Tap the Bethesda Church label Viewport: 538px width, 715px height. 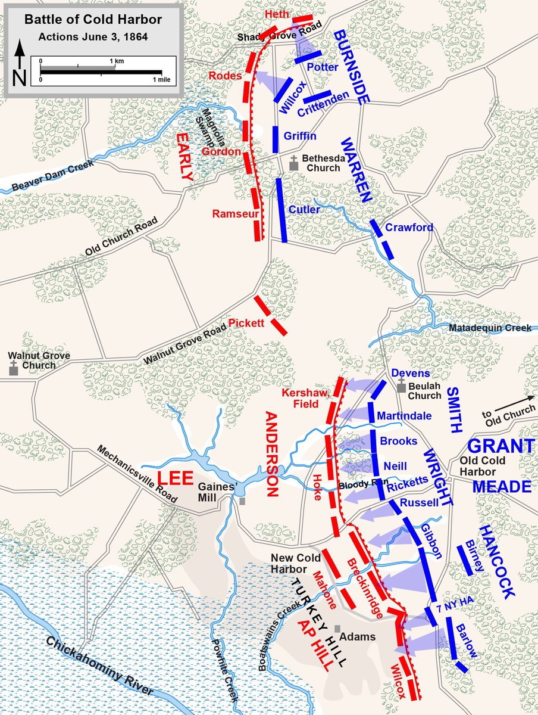coord(321,163)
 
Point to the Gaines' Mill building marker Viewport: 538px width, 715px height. coord(242,501)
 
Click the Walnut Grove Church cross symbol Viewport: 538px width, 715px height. coord(13,370)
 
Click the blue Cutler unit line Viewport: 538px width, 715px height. coord(282,210)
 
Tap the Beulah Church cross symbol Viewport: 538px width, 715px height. coord(402,387)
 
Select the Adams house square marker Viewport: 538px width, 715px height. coord(337,629)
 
